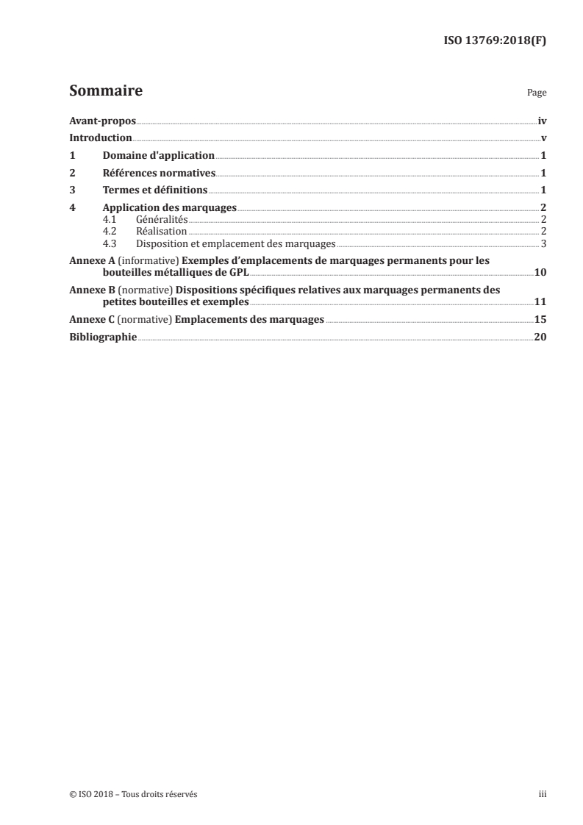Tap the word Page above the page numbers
point(537,94)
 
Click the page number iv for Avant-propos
point(542,121)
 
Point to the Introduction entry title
point(100,138)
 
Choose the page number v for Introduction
point(543,138)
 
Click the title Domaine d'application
point(158,156)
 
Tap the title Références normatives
point(159,174)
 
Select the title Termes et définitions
point(155,190)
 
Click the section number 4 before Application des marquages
point(71,208)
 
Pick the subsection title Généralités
point(162,220)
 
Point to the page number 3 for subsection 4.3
point(543,243)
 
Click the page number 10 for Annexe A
point(540,273)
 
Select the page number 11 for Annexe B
point(540,302)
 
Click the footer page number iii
point(543,795)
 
